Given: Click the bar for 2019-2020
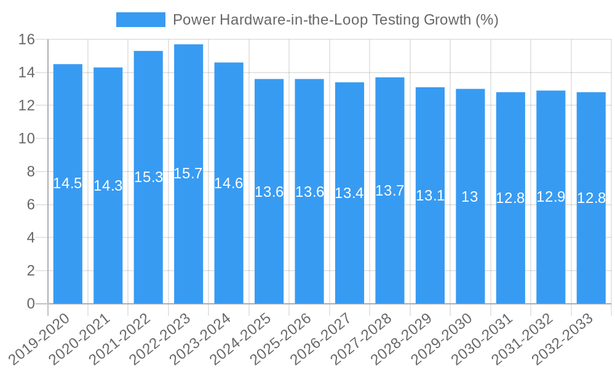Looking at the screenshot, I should tap(68, 184).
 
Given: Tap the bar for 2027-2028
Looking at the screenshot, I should tap(390, 191).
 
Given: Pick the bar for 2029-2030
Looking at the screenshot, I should tap(470, 196).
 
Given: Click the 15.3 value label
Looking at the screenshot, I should tap(148, 177).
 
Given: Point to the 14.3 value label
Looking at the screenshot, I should tap(108, 186).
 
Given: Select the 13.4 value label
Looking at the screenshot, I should tap(349, 193).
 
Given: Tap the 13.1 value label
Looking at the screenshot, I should tap(430, 196).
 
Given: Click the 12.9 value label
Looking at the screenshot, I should tap(550, 197).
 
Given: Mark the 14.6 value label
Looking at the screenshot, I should tap(229, 183).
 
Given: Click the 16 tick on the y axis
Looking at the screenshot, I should tap(26, 40).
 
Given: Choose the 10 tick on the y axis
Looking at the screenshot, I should tap(26, 139).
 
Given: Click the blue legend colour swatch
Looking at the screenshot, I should tap(141, 20).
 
